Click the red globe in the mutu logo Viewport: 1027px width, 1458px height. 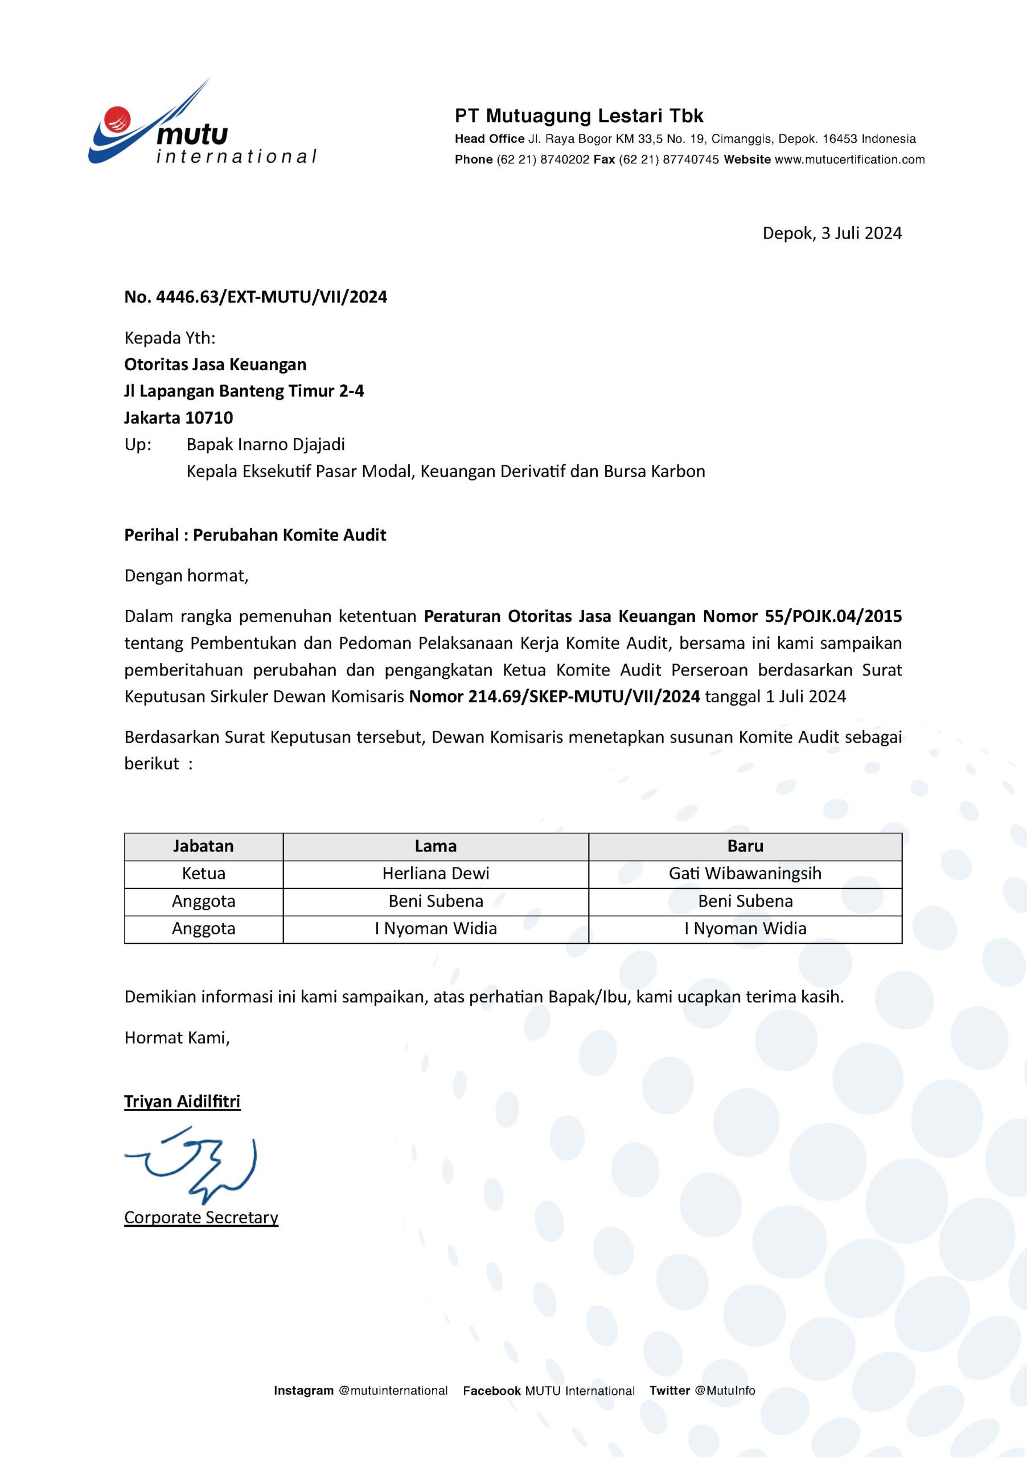[118, 118]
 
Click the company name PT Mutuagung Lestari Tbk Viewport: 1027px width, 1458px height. [579, 116]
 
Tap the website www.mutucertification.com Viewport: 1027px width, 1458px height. [849, 159]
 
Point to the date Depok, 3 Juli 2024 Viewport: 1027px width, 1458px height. [832, 233]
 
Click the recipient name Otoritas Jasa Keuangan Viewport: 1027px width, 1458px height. [215, 364]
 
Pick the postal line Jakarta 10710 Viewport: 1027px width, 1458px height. [178, 418]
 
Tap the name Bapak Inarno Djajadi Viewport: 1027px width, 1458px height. [265, 444]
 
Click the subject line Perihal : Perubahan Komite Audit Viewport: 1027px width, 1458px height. [255, 535]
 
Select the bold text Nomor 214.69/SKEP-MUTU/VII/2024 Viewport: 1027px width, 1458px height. [554, 697]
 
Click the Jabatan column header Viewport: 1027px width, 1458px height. [203, 846]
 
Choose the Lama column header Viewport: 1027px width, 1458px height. [436, 846]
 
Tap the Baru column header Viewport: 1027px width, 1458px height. [745, 846]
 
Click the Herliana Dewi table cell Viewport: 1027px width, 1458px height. [436, 873]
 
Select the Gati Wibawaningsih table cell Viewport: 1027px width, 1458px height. [745, 873]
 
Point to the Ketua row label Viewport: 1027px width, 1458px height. [203, 873]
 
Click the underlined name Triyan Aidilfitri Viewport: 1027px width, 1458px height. [182, 1101]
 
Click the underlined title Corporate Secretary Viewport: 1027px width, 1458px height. [201, 1217]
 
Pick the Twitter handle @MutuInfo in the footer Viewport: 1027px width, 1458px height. [725, 1408]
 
